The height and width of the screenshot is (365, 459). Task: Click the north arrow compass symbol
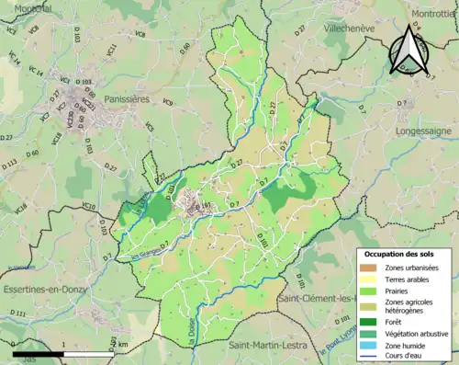click(409, 51)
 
